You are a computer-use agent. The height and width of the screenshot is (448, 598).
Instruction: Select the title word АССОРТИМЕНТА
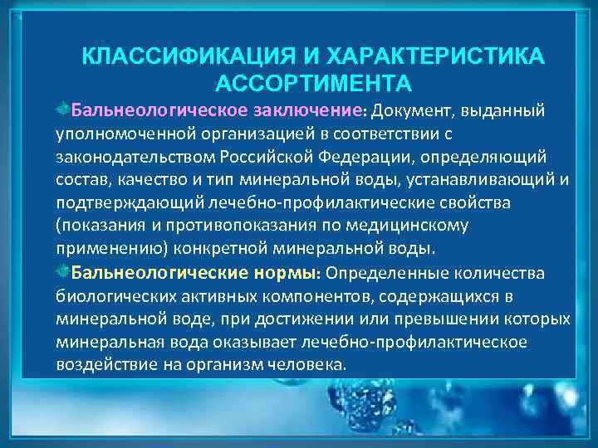[312, 83]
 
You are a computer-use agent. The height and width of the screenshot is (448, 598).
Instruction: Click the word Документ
[406, 110]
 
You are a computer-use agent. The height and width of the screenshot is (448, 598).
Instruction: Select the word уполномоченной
[120, 133]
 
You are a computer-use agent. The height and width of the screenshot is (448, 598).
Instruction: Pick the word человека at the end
[311, 365]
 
